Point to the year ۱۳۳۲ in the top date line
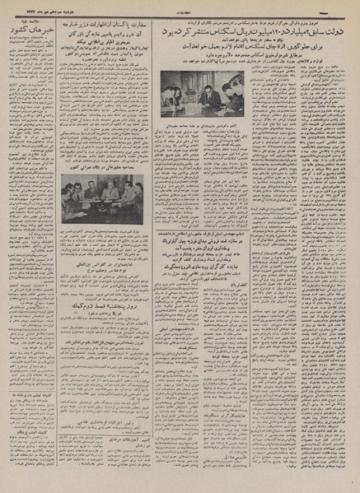(17, 7)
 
